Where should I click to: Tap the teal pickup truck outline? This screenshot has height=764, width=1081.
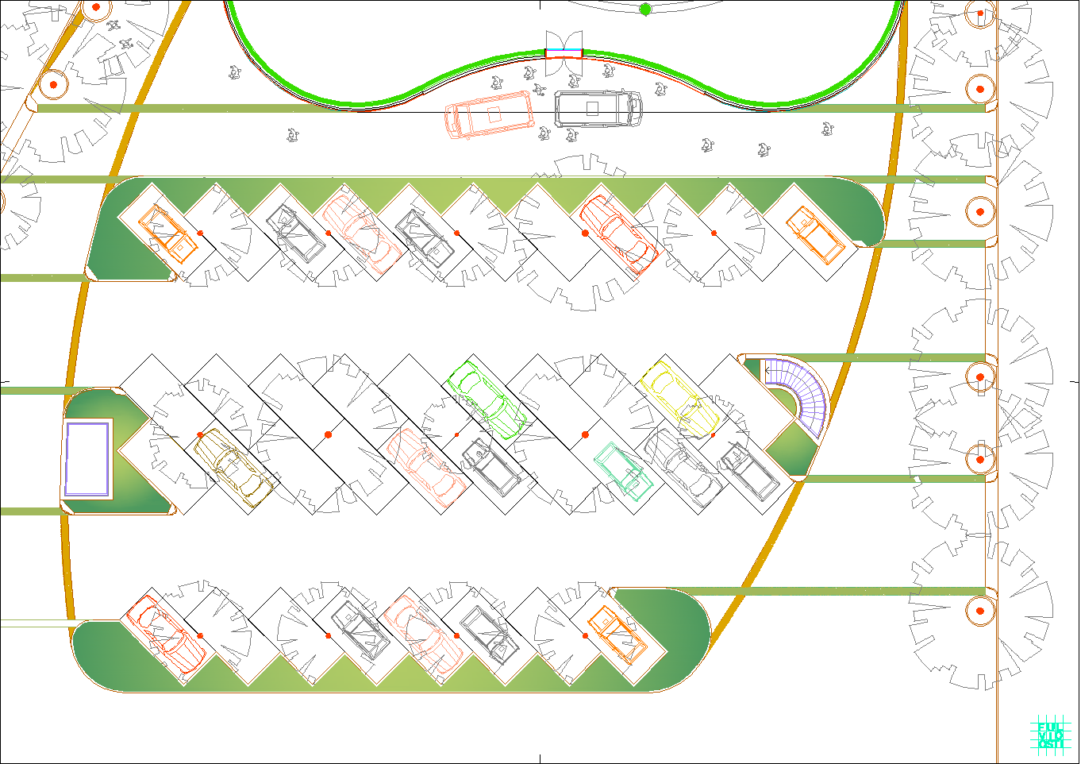pyautogui.click(x=625, y=471)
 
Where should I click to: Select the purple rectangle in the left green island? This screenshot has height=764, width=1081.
pyautogui.click(x=87, y=459)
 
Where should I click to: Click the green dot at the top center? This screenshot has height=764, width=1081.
pyautogui.click(x=645, y=10)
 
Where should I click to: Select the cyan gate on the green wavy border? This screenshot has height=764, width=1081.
pyautogui.click(x=564, y=53)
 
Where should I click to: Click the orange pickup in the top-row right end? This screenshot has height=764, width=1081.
pyautogui.click(x=815, y=235)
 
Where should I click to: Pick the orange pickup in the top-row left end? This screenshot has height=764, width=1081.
pyautogui.click(x=168, y=233)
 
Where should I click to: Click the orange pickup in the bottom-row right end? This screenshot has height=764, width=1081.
pyautogui.click(x=617, y=634)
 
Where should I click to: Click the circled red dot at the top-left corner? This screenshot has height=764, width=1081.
pyautogui.click(x=96, y=7)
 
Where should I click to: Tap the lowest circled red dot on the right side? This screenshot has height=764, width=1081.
pyautogui.click(x=980, y=611)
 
